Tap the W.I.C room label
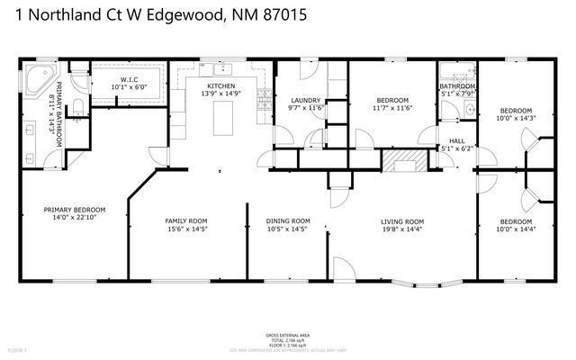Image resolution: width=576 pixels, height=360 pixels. (x=127, y=79)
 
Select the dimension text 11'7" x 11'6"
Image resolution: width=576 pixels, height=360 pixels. (x=393, y=108)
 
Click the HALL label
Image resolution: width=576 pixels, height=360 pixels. (x=457, y=140)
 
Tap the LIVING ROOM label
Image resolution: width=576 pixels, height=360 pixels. (x=402, y=220)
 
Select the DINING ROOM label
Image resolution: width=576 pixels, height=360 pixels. (x=288, y=220)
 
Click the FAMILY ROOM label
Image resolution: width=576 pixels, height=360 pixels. (x=186, y=220)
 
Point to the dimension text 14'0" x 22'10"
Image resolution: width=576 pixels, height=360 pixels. (x=75, y=217)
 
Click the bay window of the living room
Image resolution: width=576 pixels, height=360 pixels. (x=424, y=286)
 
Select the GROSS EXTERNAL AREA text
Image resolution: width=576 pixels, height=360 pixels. (x=288, y=332)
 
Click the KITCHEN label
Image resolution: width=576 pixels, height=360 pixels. (x=221, y=85)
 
